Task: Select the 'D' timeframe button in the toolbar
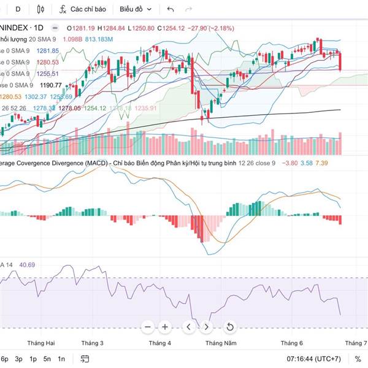pyautogui.click(x=18, y=9)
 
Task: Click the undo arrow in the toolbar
pyautogui.click(x=171, y=9)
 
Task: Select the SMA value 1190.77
pyautogui.click(x=48, y=85)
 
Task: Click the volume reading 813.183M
pyautogui.click(x=99, y=39)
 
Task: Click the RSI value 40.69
pyautogui.click(x=27, y=265)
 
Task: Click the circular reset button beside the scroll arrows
pyautogui.click(x=229, y=327)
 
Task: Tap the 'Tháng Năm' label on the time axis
pyautogui.click(x=221, y=343)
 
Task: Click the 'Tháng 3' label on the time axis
pyautogui.click(x=92, y=343)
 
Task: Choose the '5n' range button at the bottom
pyautogui.click(x=47, y=359)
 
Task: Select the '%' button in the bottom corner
pyautogui.click(x=358, y=359)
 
